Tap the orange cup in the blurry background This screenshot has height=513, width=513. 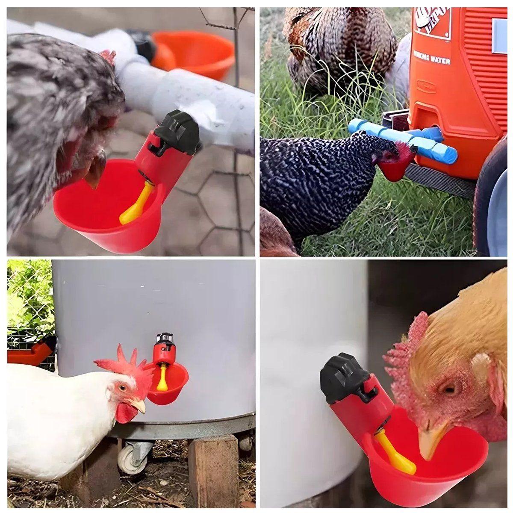[x=195, y=53]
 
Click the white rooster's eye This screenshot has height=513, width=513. [x=123, y=388]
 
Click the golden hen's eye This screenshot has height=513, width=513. [x=449, y=389]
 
